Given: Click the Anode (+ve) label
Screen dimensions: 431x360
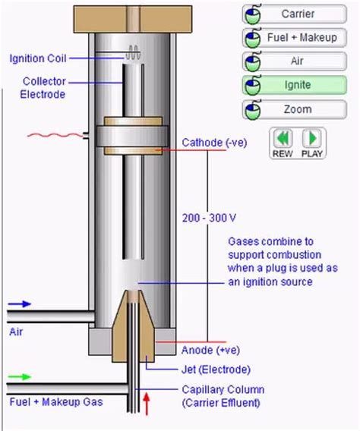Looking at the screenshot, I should tap(207, 350).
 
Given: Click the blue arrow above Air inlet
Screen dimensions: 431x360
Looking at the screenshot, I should tap(20, 304).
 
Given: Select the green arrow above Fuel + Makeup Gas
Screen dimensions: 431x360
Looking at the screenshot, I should tap(20, 376).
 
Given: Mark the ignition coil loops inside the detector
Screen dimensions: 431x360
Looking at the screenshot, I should tap(134, 52).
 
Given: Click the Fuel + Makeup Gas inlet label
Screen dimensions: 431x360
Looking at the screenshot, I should tap(55, 401).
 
